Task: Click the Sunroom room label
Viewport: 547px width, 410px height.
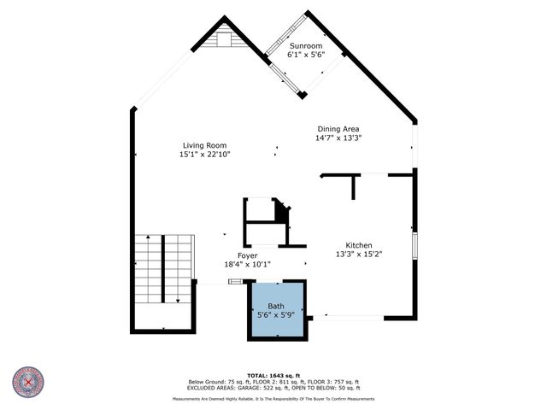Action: coord(305,45)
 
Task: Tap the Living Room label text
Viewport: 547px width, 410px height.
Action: coord(204,145)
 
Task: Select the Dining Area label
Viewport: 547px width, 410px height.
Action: coord(338,128)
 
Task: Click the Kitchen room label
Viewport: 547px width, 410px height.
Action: coord(358,244)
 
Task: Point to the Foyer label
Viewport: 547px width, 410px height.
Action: coord(247,255)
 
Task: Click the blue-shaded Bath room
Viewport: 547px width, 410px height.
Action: coord(276,309)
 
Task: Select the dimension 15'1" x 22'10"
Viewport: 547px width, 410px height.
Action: coord(204,155)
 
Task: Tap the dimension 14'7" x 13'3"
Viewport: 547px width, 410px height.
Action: coord(338,138)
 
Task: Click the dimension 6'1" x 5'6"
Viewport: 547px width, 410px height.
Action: coord(305,55)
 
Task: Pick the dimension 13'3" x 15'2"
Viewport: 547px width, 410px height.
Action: coord(358,254)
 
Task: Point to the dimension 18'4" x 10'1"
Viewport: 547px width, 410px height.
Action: coord(247,265)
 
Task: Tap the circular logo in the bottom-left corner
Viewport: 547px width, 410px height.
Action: coord(28,383)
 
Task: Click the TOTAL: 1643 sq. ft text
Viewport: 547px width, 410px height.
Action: coord(273,375)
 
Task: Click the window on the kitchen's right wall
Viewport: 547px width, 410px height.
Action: coord(415,244)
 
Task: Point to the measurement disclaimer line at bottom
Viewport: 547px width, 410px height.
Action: coord(273,399)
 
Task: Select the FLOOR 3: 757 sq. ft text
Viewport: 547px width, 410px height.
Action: coord(334,381)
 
